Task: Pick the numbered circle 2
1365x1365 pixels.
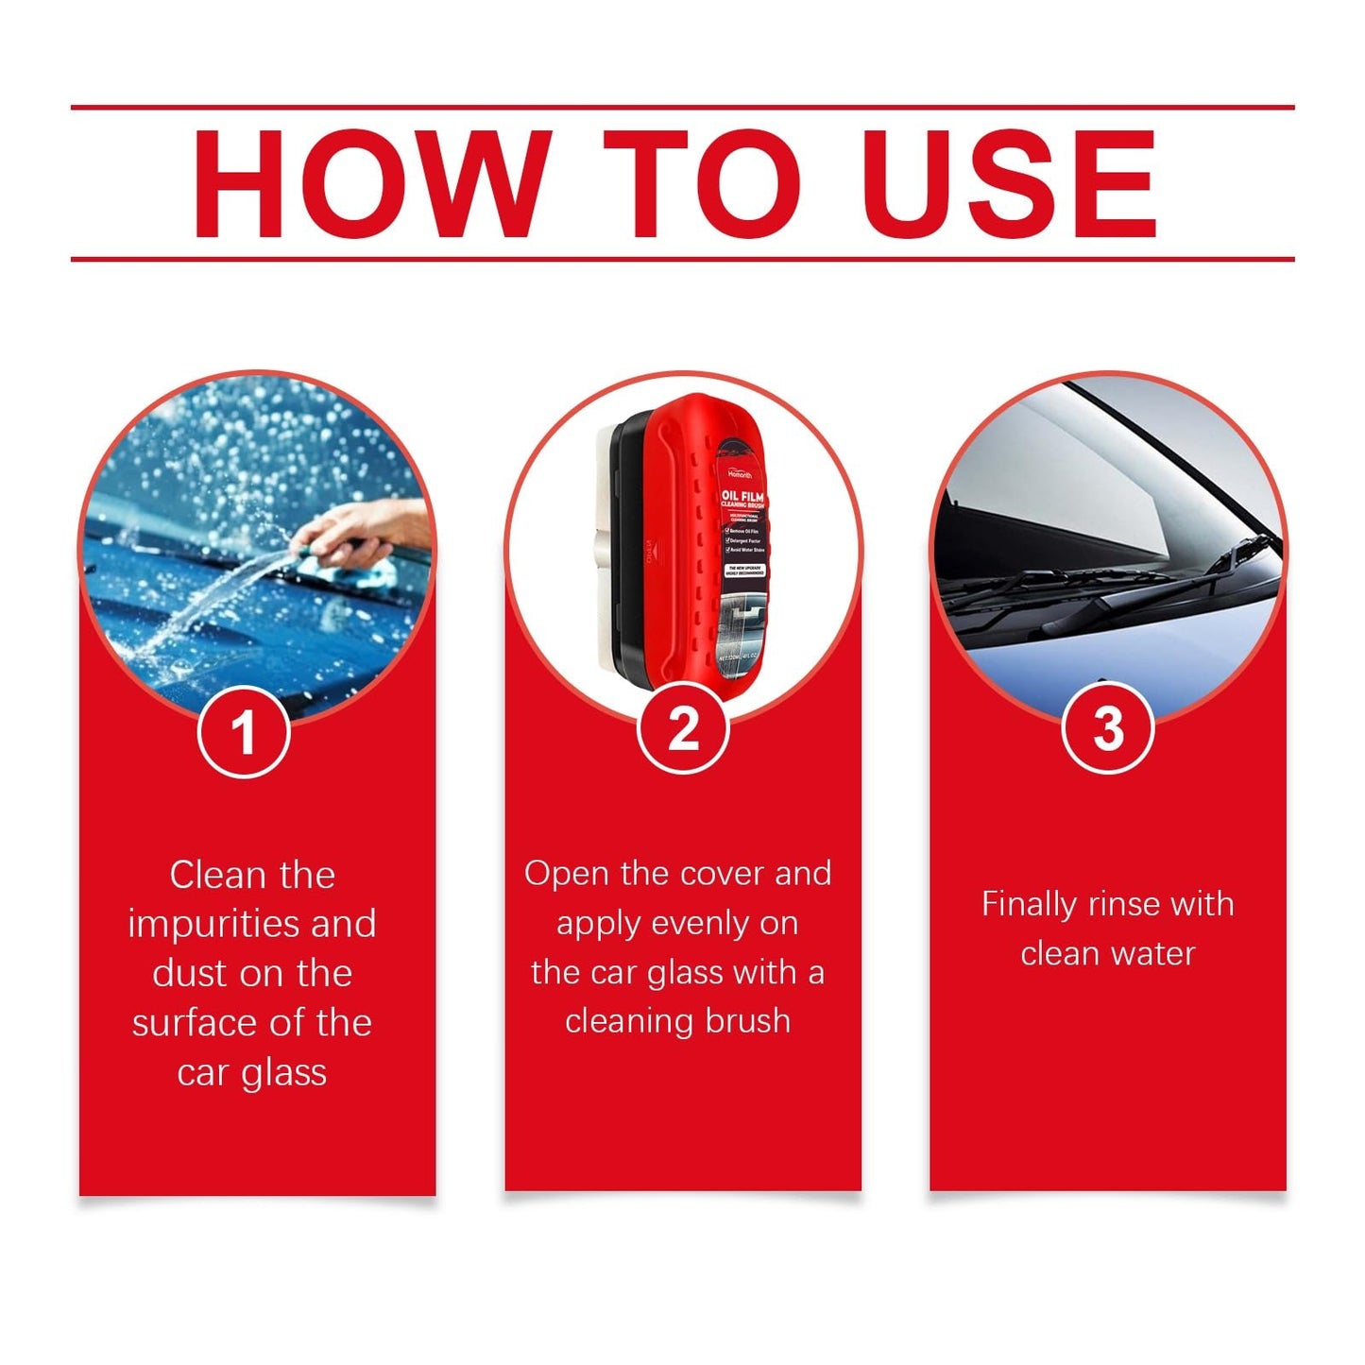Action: (x=683, y=728)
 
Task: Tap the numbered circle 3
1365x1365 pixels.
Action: (x=1107, y=728)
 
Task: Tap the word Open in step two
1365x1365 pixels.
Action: (x=567, y=875)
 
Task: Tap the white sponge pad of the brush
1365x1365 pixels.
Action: (x=604, y=548)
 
